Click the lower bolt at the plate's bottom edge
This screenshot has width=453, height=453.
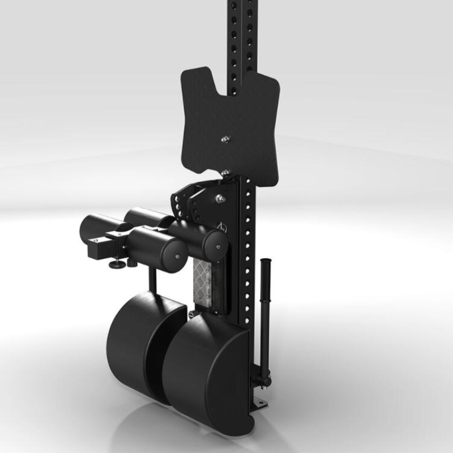(225, 172)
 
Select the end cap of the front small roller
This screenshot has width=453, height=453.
(177, 258)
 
